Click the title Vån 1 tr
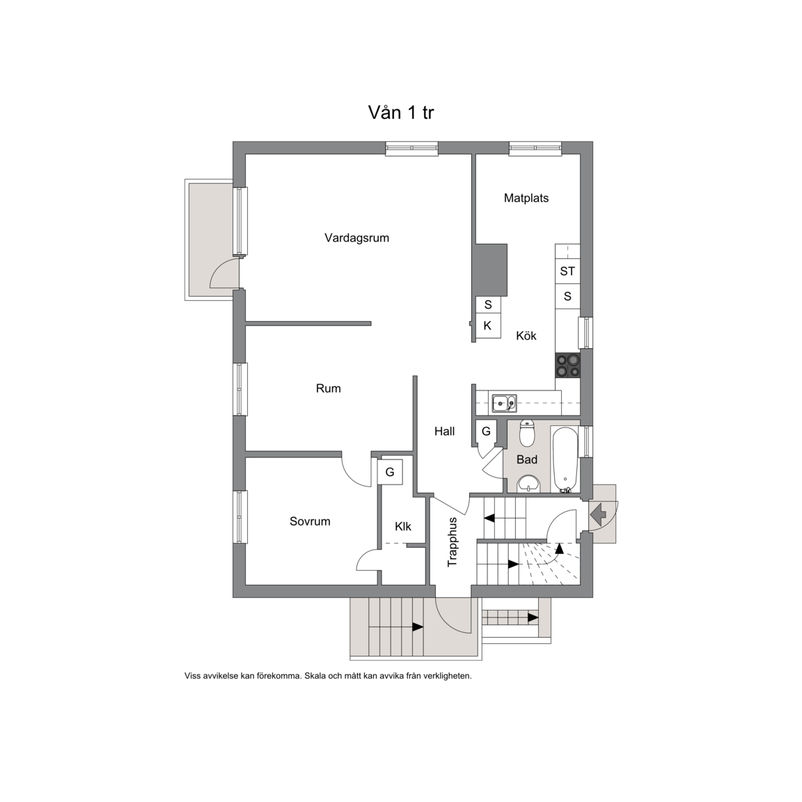click(x=401, y=113)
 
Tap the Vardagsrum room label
click(x=356, y=238)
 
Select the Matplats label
click(x=526, y=198)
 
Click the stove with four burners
click(x=568, y=365)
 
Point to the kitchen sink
click(x=504, y=403)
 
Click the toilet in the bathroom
click(x=526, y=433)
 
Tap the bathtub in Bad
click(x=565, y=459)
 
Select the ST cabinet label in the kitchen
click(x=567, y=271)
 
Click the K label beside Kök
click(x=487, y=326)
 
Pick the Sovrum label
click(x=310, y=521)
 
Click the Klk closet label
click(x=403, y=526)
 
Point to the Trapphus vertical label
click(x=452, y=542)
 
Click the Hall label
click(x=444, y=431)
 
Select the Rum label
click(x=329, y=388)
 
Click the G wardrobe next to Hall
click(x=486, y=431)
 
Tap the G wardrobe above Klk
click(x=390, y=472)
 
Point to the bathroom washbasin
click(x=528, y=483)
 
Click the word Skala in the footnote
click(x=315, y=676)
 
